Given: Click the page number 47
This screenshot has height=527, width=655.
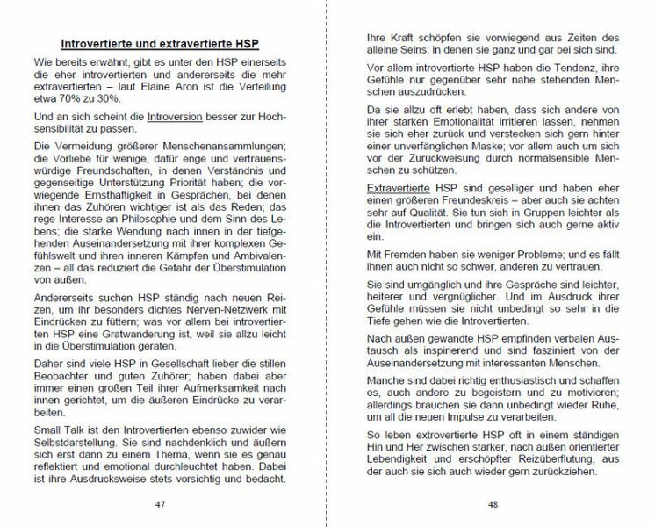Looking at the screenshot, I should (x=160, y=505).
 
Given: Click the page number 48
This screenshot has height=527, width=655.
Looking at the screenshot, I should (x=493, y=505).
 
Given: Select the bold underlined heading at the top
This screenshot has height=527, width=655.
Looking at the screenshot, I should (x=159, y=44).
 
